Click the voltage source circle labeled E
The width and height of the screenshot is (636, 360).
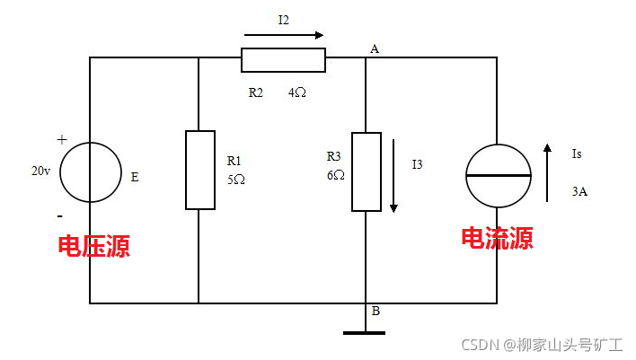[91, 171]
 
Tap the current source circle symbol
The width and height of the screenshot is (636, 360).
[497, 171]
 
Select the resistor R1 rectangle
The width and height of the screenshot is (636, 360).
[199, 170]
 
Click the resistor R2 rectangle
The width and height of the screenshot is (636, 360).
[283, 59]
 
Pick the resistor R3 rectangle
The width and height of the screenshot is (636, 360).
[366, 171]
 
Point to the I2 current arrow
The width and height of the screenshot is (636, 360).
[283, 36]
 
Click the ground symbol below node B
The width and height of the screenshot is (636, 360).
[364, 332]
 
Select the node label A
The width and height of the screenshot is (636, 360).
[374, 48]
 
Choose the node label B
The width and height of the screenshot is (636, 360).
[375, 312]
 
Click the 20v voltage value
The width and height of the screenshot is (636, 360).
[40, 171]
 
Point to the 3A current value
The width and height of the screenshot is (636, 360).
[579, 191]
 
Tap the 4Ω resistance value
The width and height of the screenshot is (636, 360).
[296, 92]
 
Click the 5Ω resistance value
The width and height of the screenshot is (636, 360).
[236, 179]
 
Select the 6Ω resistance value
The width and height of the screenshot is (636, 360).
[336, 175]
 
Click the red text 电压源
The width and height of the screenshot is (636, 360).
[93, 246]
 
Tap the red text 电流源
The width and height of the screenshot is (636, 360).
[497, 238]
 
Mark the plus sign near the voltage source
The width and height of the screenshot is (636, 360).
[62, 140]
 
